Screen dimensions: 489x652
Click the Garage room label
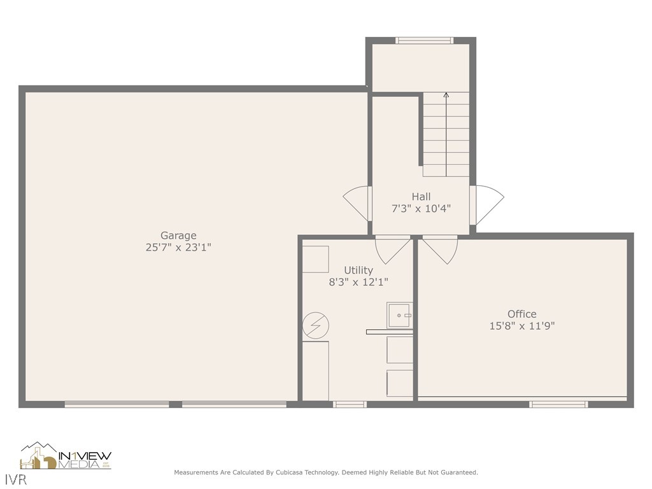point(178,236)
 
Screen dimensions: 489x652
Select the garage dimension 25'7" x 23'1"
point(178,247)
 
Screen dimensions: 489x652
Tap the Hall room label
point(420,197)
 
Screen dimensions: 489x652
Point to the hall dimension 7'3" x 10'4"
point(420,208)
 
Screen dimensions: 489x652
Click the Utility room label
point(358,270)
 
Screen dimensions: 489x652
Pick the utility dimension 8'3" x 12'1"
point(358,281)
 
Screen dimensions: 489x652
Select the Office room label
point(521,314)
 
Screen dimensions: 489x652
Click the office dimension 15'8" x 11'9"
point(521,325)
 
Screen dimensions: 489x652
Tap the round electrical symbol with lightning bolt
point(316,325)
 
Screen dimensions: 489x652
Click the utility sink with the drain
point(400,315)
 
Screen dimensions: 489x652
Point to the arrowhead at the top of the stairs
point(446,96)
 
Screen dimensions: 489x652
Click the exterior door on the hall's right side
point(487,204)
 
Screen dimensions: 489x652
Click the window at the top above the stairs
point(424,41)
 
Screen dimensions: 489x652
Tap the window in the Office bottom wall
point(558,404)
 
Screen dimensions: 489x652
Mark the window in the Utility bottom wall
point(350,404)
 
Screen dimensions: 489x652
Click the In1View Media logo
point(66,456)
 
